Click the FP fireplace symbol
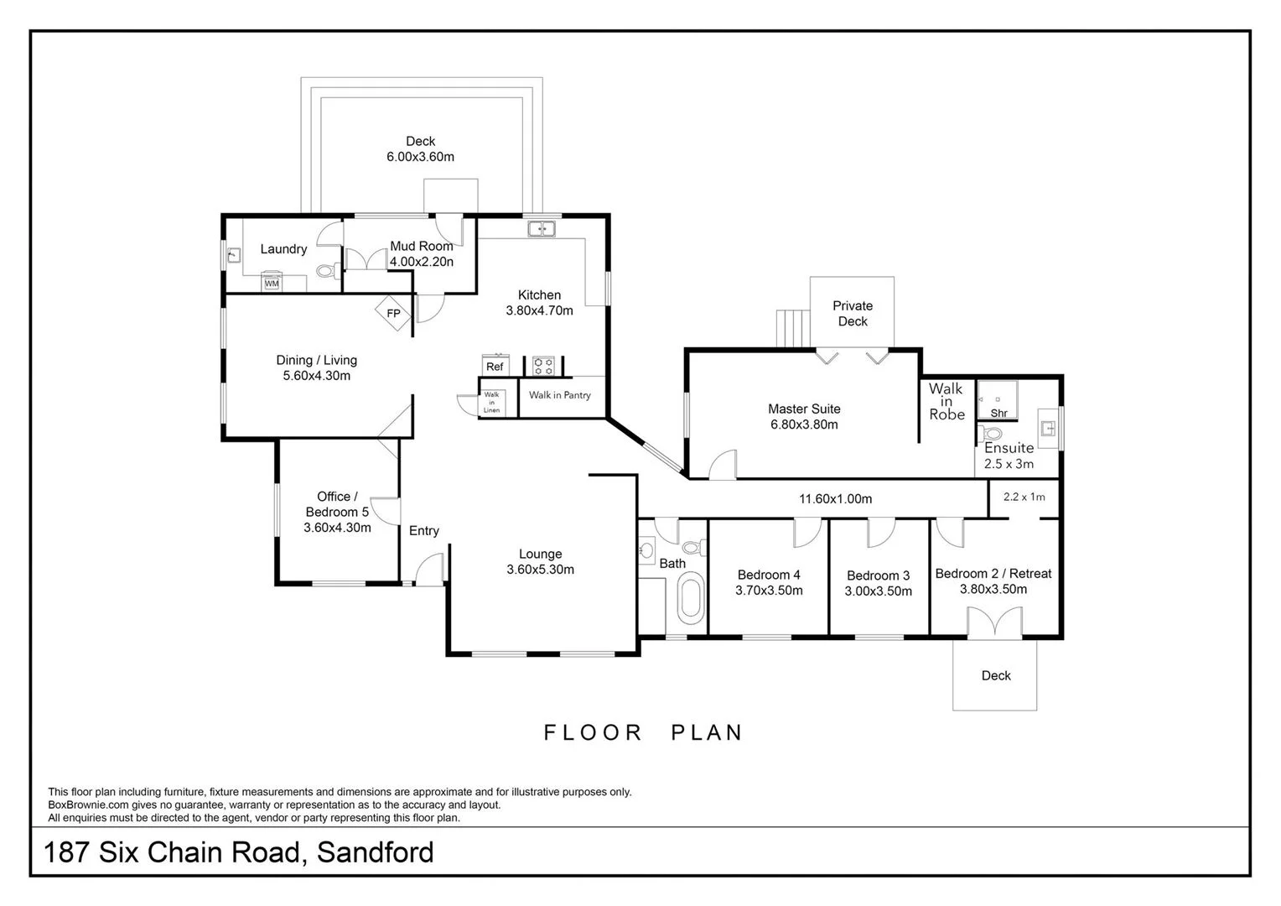[392, 314]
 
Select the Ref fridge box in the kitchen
[495, 366]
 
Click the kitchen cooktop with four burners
[543, 366]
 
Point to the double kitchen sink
[541, 228]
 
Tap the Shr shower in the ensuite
[998, 401]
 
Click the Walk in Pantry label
[559, 395]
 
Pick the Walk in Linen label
[491, 403]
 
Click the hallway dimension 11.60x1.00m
[835, 499]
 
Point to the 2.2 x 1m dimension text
[1024, 497]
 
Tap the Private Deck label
[853, 314]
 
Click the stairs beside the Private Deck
[792, 328]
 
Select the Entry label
[423, 531]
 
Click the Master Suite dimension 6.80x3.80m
[804, 424]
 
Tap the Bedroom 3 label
[878, 575]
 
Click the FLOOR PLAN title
[643, 732]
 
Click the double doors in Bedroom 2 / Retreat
[993, 622]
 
